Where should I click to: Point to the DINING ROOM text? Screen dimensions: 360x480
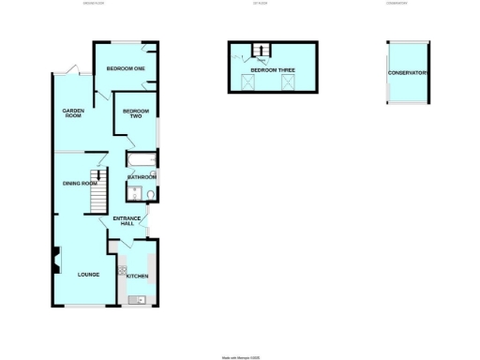(80, 183)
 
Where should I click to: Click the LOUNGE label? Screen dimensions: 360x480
(76, 274)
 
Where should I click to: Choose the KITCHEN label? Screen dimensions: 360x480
(138, 277)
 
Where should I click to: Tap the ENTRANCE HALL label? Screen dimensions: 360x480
(127, 221)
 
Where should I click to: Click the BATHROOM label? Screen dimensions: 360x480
(142, 177)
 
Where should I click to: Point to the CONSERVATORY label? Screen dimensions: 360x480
(409, 73)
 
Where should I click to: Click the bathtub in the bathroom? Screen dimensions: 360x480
(142, 159)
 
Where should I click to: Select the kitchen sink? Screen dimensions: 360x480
(140, 300)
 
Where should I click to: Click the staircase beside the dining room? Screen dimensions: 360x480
(97, 177)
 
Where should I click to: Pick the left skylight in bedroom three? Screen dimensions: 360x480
(248, 82)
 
